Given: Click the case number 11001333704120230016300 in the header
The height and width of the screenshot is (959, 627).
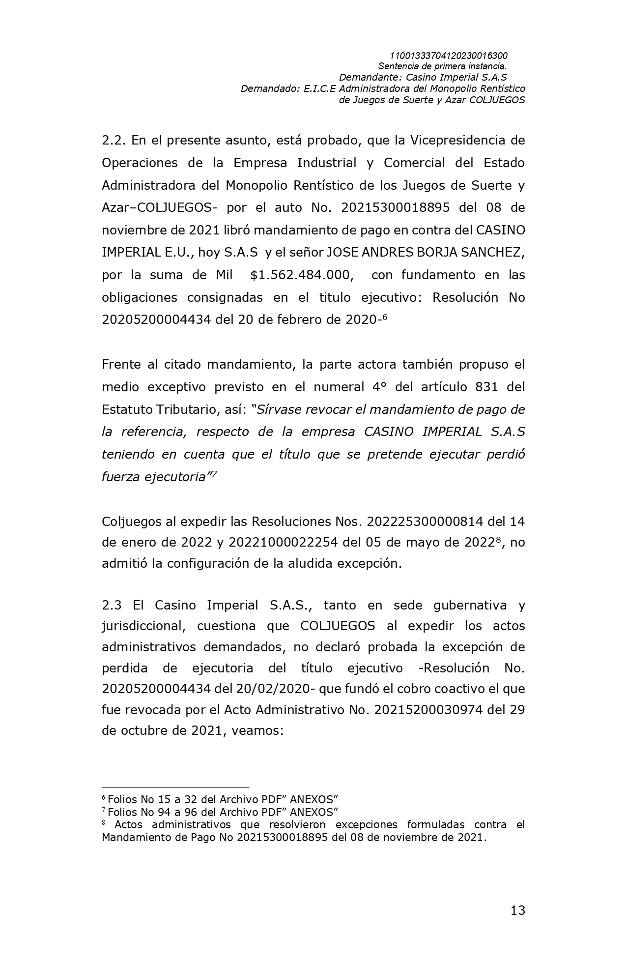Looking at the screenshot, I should (448, 56).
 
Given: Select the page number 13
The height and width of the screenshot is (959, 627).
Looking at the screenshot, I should (517, 910).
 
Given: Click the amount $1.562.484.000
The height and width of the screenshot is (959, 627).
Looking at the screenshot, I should (302, 275).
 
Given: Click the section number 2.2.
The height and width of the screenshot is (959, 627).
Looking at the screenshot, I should (113, 140).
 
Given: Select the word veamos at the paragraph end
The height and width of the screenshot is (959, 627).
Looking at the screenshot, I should (255, 730).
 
